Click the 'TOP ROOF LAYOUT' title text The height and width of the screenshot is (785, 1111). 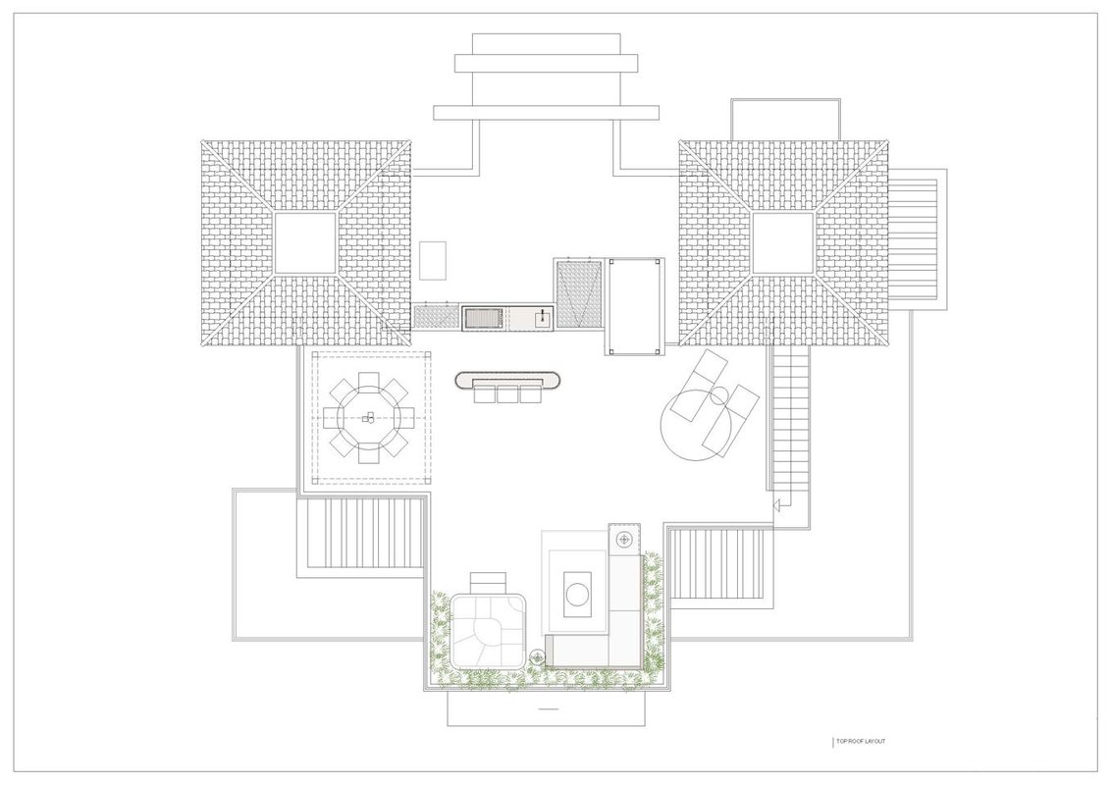click(x=861, y=741)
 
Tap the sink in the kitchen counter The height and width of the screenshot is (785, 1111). click(x=543, y=317)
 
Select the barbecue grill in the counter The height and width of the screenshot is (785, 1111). click(x=482, y=317)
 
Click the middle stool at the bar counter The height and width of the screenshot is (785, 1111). click(x=507, y=393)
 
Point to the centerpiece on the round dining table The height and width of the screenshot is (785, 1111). click(x=368, y=417)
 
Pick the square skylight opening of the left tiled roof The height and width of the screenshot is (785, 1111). click(x=304, y=243)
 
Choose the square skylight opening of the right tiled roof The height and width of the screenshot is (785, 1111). click(x=782, y=243)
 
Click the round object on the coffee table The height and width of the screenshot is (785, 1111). click(x=577, y=594)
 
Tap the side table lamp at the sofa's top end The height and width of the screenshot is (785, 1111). click(x=624, y=539)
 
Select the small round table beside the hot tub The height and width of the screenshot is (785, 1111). click(x=537, y=657)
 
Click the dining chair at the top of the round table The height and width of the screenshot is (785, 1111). click(x=368, y=381)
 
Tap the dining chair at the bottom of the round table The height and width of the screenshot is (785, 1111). click(x=368, y=454)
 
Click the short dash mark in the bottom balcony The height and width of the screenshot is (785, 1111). click(x=550, y=708)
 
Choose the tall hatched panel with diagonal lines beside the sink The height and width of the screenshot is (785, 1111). click(x=579, y=293)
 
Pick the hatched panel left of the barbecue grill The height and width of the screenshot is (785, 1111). click(x=436, y=317)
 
